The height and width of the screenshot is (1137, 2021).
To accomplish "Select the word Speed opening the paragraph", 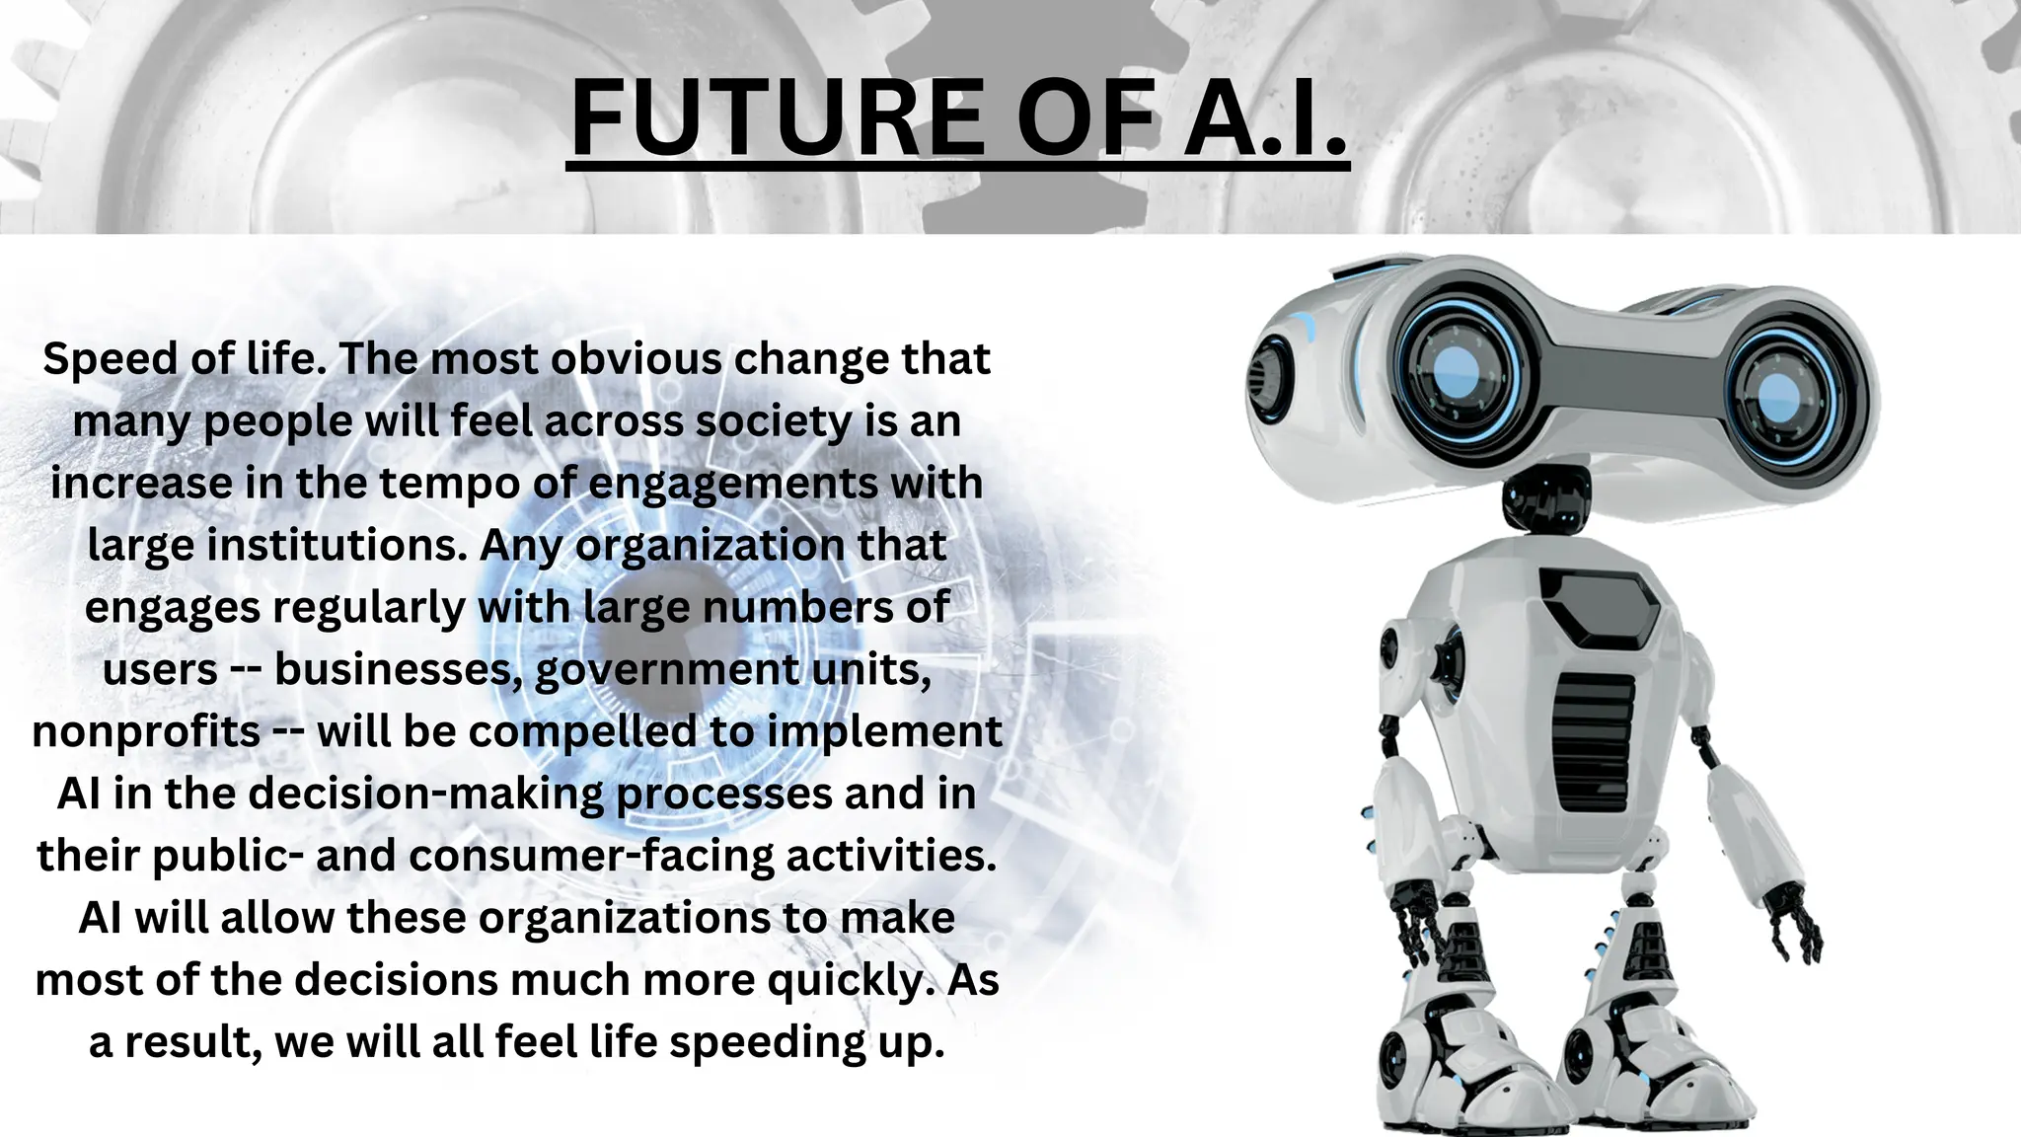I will pyautogui.click(x=108, y=359).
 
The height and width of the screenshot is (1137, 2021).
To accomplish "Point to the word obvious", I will pyautogui.click(x=636, y=359).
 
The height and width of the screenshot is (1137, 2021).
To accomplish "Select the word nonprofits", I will pyautogui.click(x=146, y=732).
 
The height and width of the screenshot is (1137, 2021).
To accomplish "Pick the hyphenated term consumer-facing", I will pyautogui.click(x=591, y=857).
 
